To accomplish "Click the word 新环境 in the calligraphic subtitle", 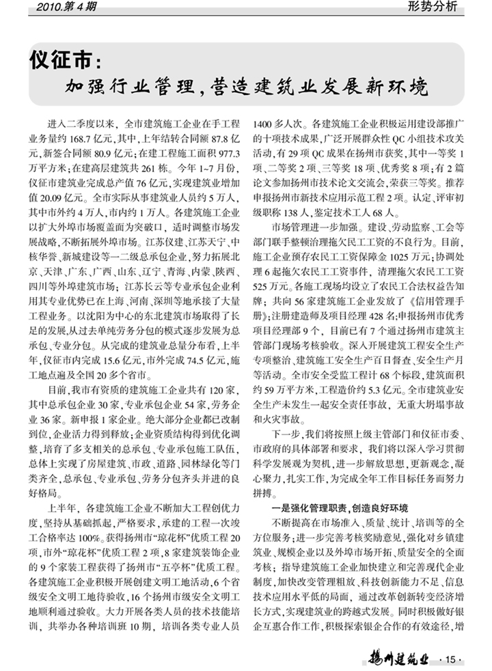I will tap(397, 88).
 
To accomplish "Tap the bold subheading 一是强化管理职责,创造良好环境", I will tap(340, 508).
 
